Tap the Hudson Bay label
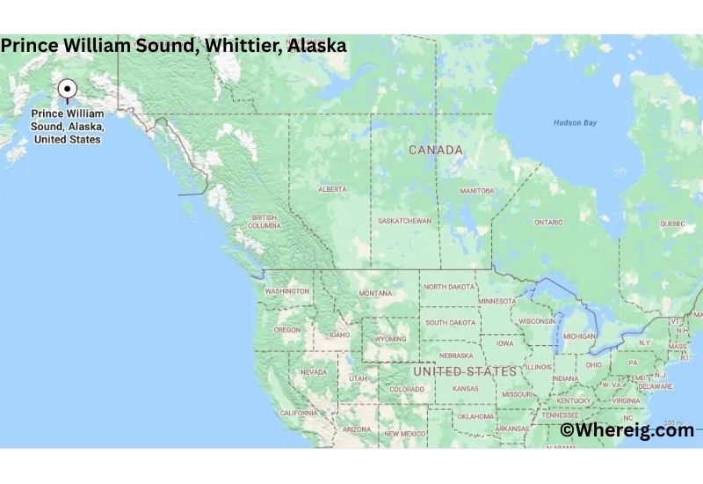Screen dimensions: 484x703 point(575,122)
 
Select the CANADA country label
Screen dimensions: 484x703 point(435,150)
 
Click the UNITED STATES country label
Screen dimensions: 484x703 point(465,371)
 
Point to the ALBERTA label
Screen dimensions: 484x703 point(332,189)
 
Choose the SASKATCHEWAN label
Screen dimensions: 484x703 point(405,221)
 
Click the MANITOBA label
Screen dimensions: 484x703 point(477,190)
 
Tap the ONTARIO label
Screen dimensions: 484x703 point(548,222)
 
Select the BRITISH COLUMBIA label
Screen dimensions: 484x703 point(265,221)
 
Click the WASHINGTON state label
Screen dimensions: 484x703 point(287,291)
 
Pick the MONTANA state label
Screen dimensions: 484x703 point(374,293)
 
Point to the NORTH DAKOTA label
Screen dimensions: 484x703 point(448,287)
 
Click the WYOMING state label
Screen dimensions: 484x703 point(390,339)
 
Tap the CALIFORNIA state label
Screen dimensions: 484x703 point(299,413)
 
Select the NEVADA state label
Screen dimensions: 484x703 point(314,372)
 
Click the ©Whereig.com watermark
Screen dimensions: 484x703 point(627,429)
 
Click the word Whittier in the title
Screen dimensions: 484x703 point(241,45)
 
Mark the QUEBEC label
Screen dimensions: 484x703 point(671,224)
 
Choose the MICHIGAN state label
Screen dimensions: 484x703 point(579,336)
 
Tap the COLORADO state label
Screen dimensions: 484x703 point(407,389)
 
